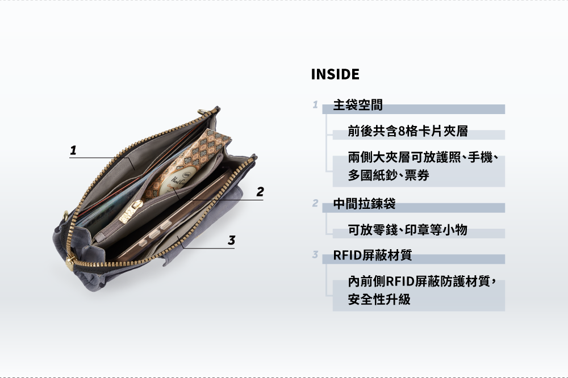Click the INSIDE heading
pyautogui.click(x=335, y=74)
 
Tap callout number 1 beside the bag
pyautogui.click(x=73, y=150)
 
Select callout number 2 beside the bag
pyautogui.click(x=260, y=192)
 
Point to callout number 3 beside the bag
pyautogui.click(x=231, y=240)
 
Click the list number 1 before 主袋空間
pyautogui.click(x=315, y=105)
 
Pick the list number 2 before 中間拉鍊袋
pyautogui.click(x=315, y=203)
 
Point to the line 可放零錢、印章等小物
pyautogui.click(x=407, y=229)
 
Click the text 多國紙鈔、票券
pyautogui.click(x=388, y=176)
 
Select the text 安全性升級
pyautogui.click(x=379, y=299)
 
